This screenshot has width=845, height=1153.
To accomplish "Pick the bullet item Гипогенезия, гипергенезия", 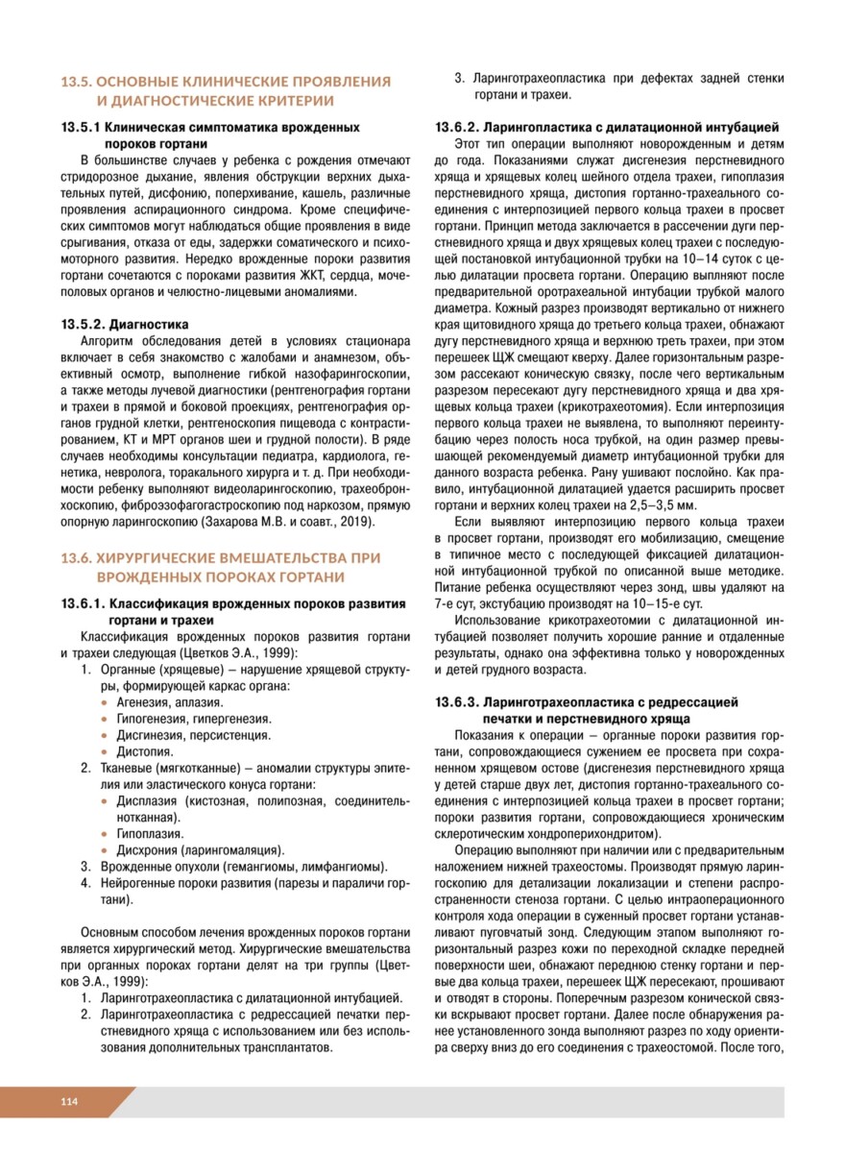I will [x=192, y=718].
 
